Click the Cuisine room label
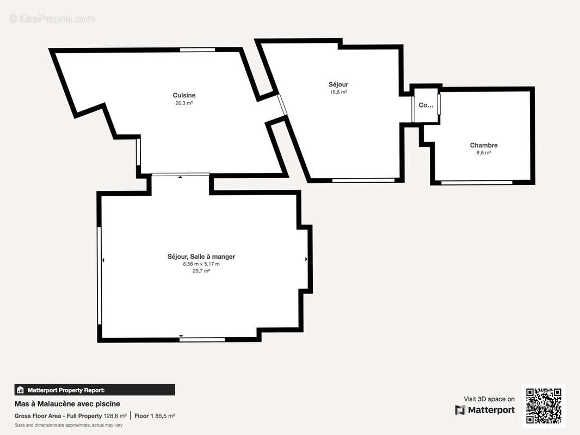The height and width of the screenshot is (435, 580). coord(184,95)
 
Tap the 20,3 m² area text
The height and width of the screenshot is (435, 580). coord(184,103)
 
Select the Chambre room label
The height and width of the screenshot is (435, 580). coord(484,145)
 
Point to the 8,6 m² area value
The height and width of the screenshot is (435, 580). coord(484,153)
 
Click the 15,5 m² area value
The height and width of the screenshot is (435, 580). coord(338,92)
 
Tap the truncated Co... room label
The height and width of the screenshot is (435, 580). coord(425,105)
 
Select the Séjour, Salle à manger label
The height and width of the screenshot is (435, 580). coord(201,256)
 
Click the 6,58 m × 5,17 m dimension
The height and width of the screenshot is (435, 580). coord(201,264)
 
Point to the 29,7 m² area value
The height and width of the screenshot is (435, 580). coord(201,271)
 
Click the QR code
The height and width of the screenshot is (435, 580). coord(544,405)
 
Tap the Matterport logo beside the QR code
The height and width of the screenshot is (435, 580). coord(485,410)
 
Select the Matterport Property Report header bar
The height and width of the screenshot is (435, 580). coord(95,390)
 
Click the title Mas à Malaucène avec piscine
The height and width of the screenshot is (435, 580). coord(67,403)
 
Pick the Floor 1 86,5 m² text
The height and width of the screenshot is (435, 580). coord(155,416)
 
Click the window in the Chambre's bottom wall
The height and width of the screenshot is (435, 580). coord(477,183)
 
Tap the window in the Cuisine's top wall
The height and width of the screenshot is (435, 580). coord(197,50)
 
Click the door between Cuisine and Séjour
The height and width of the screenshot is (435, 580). coord(282,105)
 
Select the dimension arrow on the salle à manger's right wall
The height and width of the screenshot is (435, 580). coord(306,259)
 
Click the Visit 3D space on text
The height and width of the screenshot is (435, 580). coord(489,399)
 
